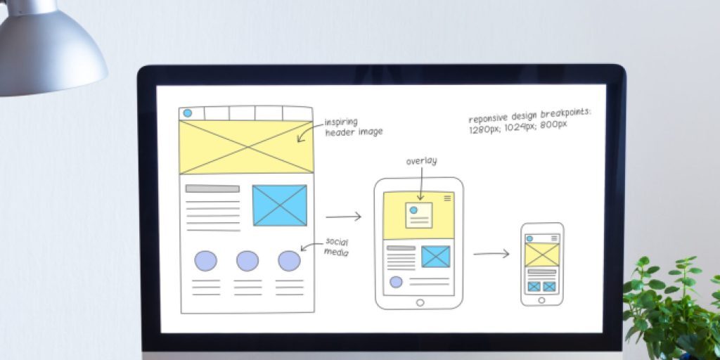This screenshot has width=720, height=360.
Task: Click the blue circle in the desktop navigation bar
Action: tap(188, 112)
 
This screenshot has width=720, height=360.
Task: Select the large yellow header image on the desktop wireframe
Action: tap(246, 146)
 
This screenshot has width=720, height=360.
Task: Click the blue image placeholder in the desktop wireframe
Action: tap(280, 205)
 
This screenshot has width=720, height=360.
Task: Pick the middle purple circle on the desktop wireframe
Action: tap(247, 261)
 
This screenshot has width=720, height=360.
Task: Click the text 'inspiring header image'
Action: tap(353, 127)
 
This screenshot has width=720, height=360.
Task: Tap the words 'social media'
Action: tap(336, 247)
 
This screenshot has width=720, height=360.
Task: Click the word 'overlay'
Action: tap(421, 161)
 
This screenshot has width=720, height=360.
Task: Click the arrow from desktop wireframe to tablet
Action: tap(344, 217)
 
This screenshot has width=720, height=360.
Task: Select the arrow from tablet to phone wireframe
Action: tap(491, 253)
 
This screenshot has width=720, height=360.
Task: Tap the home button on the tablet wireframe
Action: tap(420, 302)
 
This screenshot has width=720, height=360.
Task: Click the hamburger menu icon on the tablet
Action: tap(447, 199)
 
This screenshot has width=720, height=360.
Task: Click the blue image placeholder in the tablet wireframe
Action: tap(436, 257)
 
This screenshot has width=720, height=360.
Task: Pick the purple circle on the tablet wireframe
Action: tap(396, 282)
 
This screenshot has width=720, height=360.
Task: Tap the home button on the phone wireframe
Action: tap(541, 300)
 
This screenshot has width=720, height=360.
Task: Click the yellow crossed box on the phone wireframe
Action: tap(542, 255)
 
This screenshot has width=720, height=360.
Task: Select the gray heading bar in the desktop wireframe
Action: tap(212, 188)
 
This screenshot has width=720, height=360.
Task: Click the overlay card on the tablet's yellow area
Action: tap(419, 215)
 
